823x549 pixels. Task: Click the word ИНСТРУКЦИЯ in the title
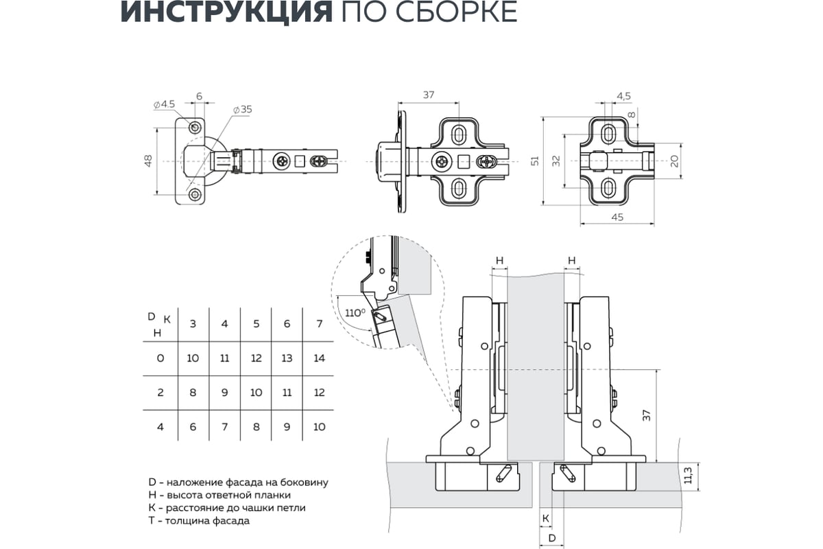pos(226,12)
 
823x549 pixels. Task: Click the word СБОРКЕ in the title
pos(455,12)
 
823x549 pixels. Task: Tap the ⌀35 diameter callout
pos(243,110)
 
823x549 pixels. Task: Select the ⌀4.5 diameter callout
pos(164,104)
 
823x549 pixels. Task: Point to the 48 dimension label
pos(148,161)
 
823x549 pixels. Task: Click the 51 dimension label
pos(535,161)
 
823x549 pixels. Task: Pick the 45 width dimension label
pos(617,218)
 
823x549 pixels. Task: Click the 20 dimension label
pos(675,161)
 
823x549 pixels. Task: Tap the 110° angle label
pos(355,313)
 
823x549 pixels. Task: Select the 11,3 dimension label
pos(688,476)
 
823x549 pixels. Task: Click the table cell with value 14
pos(320,358)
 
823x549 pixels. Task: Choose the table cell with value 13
pos(287,358)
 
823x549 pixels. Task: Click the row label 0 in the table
pos(160,358)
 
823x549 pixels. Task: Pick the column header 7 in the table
pos(320,324)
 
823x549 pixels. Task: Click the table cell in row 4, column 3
pos(193,427)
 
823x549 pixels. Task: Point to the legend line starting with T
pos(199,521)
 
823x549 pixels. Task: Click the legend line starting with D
pos(238,482)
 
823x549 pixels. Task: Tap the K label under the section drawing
pos(546,519)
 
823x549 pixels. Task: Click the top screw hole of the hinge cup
pos(195,128)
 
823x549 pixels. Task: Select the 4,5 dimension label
pos(623,96)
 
